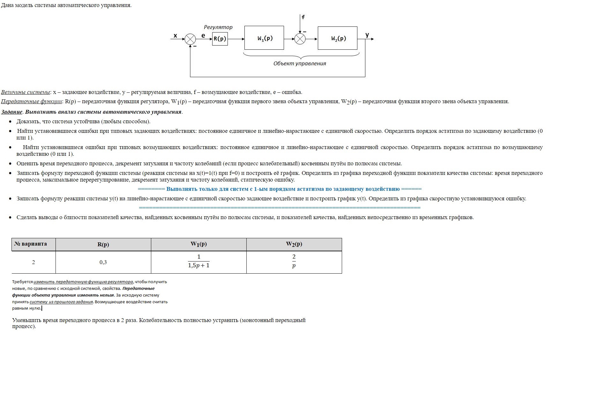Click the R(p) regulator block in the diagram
(220, 39)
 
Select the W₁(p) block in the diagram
(264, 38)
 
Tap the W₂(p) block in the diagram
(338, 38)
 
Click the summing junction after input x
(190, 39)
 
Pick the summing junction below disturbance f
(300, 39)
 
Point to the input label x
(175, 36)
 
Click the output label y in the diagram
(367, 35)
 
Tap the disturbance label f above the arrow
(303, 17)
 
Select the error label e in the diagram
(203, 36)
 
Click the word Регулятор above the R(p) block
(218, 27)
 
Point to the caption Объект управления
(300, 63)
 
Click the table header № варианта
(31, 244)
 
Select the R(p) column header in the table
(103, 245)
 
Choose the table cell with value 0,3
(103, 262)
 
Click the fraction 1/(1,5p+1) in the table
(198, 261)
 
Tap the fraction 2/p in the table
(294, 261)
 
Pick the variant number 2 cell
(34, 262)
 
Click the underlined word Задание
(12, 112)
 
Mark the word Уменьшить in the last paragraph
(27, 320)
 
